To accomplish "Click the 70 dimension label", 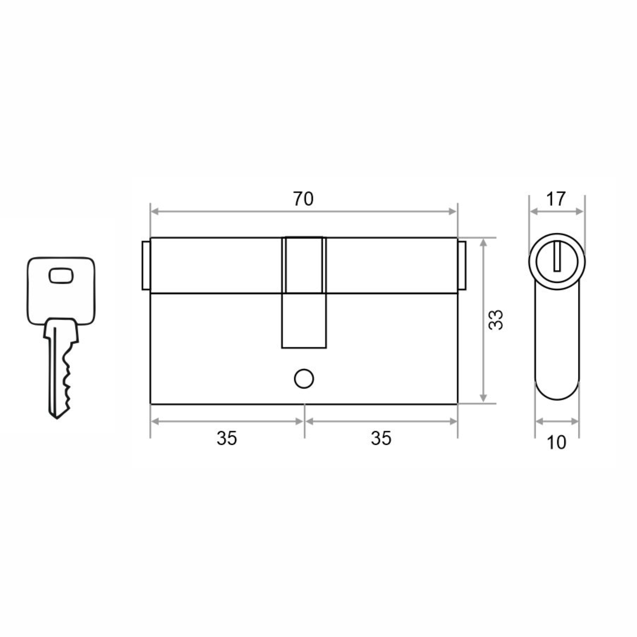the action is (x=303, y=199).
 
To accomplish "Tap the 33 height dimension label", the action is (x=496, y=319).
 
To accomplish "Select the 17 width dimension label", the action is (x=556, y=199).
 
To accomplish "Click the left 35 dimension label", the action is (x=227, y=439).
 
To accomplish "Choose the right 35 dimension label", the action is (x=381, y=439).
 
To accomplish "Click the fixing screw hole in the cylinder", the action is (x=304, y=379).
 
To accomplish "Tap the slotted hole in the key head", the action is (x=61, y=275).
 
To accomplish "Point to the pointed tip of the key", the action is (x=57, y=418).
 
